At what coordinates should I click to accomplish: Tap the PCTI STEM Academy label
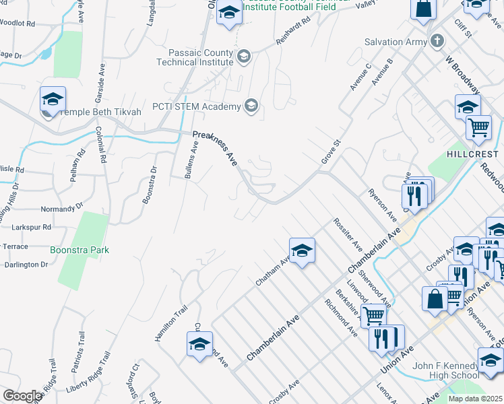[196, 106]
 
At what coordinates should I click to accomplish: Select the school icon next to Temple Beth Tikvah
[53, 100]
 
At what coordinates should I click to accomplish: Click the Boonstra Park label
[80, 250]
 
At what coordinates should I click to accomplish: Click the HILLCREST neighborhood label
[472, 154]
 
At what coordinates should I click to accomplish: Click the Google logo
[22, 396]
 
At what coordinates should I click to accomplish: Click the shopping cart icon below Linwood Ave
[373, 314]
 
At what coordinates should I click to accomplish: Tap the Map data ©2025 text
[475, 399]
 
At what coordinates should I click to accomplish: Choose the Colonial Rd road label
[102, 146]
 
